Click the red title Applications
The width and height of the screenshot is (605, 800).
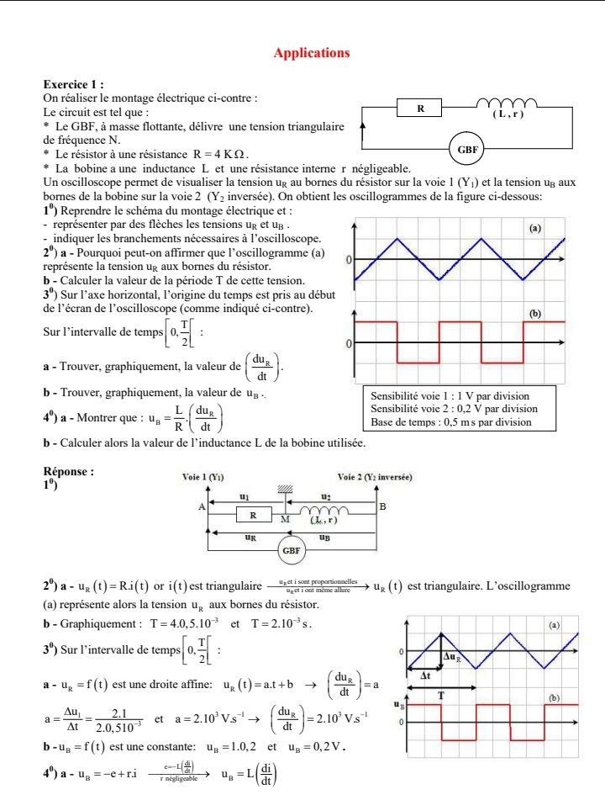point(312,53)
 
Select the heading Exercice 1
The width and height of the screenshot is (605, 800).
point(74,85)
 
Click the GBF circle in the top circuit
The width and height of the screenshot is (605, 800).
point(469,150)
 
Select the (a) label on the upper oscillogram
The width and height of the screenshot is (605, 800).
point(533,227)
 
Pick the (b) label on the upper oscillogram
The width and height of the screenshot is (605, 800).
point(533,312)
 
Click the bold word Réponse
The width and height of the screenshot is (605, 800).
point(71,474)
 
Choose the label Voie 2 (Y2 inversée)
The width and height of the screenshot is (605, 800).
point(374,476)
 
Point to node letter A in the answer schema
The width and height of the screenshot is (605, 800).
point(201,506)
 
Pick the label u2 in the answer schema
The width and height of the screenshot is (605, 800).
point(326,497)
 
